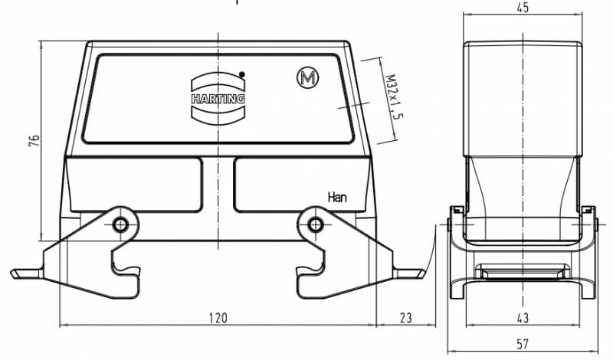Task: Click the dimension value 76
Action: pyautogui.click(x=34, y=141)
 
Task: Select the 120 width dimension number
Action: pyautogui.click(x=218, y=318)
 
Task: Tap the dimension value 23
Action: pyautogui.click(x=406, y=318)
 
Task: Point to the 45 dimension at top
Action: pyautogui.click(x=523, y=8)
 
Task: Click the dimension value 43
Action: pyautogui.click(x=523, y=318)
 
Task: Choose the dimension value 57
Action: pyautogui.click(x=523, y=345)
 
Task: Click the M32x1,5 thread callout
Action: pyautogui.click(x=394, y=97)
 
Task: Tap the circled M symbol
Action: pyautogui.click(x=308, y=78)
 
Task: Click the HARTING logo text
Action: pyautogui.click(x=218, y=99)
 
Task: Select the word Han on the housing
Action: pyautogui.click(x=337, y=198)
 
